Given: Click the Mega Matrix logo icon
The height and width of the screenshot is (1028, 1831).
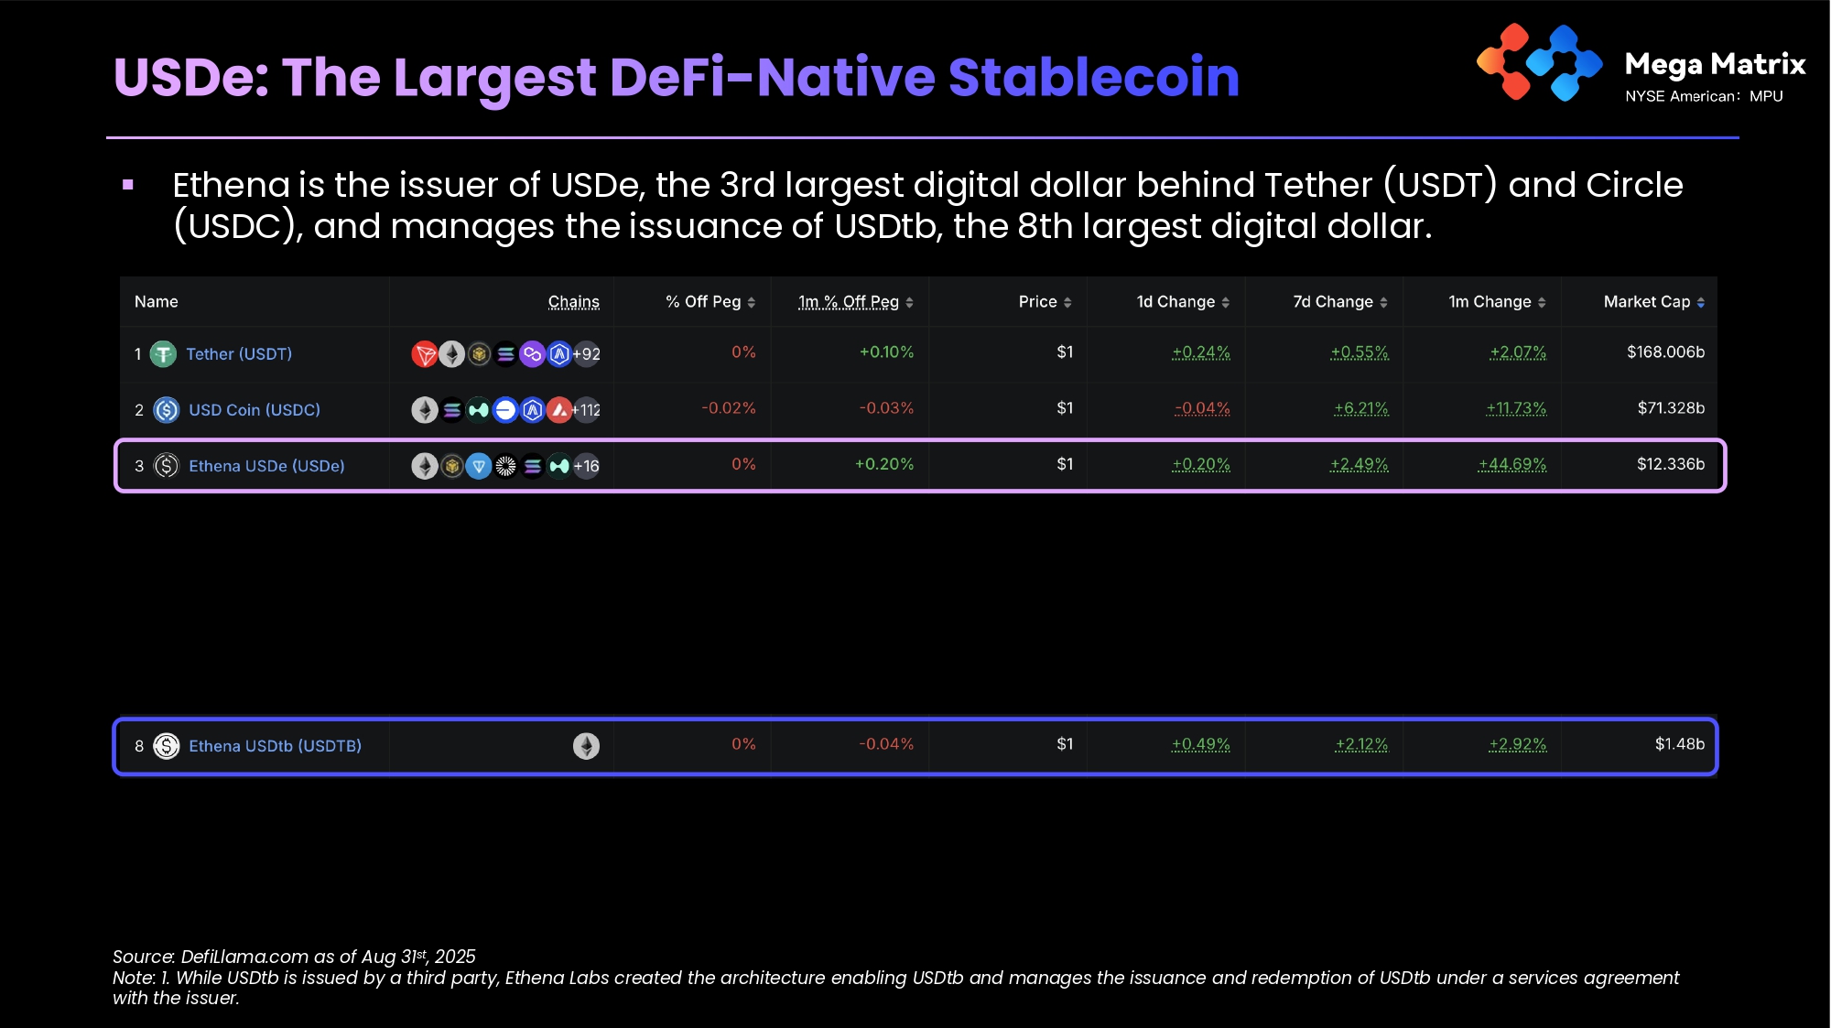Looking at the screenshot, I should click(1539, 62).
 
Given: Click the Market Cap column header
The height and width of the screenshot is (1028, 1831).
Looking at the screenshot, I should click(1647, 302).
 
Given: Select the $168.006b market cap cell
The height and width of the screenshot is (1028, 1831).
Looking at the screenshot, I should click(1665, 352).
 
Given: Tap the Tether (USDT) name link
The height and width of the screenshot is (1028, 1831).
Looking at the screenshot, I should click(239, 354).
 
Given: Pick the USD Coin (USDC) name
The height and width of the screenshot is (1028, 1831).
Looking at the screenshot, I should click(255, 410).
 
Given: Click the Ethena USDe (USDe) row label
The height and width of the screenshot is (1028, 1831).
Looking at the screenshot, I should click(266, 466).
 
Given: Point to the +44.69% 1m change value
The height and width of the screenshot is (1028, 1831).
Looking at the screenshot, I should click(1512, 464).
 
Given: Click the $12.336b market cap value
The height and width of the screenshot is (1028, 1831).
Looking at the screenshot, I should click(1670, 464).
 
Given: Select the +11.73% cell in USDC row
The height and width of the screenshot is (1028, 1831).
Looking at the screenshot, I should click(1516, 408).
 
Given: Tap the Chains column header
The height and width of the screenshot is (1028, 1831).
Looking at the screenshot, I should click(574, 302).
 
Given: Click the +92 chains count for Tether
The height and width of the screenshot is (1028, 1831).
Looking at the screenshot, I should click(587, 354).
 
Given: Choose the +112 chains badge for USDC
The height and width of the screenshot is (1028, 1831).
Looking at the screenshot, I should click(587, 410).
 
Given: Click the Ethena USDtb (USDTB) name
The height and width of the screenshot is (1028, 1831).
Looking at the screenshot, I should click(275, 746).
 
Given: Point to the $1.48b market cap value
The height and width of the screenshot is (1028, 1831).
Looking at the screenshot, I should click(1679, 744).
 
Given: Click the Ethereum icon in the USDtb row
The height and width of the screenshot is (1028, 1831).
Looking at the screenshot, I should click(587, 746).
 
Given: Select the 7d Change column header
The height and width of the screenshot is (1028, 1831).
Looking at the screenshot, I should click(1333, 302).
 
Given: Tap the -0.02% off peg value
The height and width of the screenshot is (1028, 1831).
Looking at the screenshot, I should click(729, 408).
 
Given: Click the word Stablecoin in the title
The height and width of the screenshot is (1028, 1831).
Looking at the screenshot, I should click(1094, 77).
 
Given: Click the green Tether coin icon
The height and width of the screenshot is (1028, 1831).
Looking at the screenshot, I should click(163, 354).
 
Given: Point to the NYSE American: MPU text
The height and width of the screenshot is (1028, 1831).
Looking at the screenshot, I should click(1704, 96).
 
